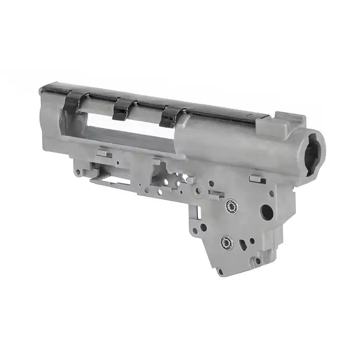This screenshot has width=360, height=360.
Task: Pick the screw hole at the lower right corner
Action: point(257,260)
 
